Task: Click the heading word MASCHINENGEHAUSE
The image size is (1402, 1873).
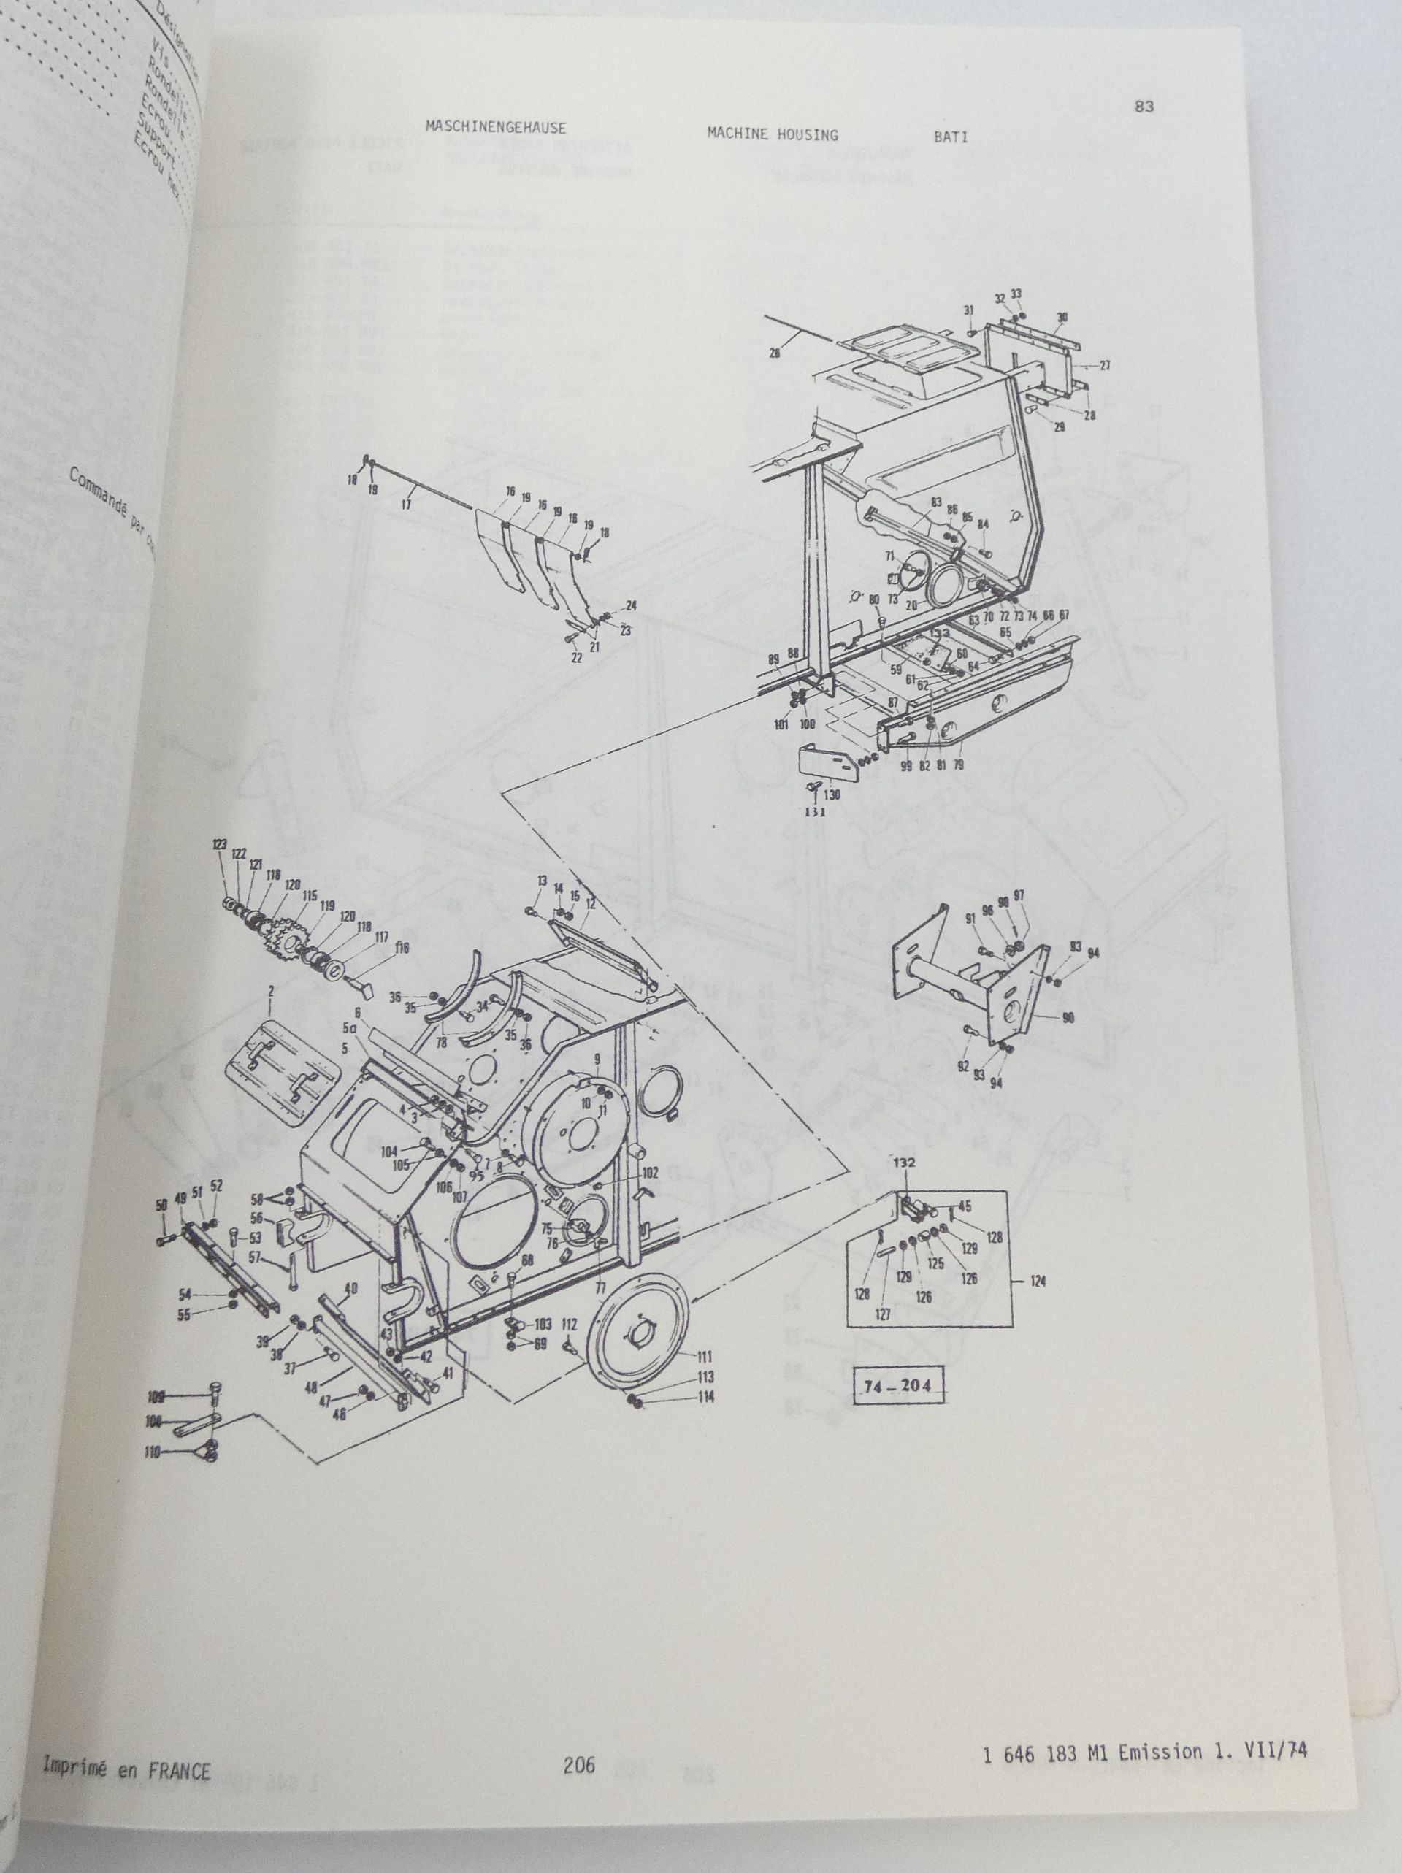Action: [495, 128]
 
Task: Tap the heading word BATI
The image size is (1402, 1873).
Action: [951, 137]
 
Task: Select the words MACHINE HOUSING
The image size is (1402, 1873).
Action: [772, 134]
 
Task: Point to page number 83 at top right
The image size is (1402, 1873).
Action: [1143, 107]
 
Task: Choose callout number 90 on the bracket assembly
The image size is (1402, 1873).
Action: [1068, 1019]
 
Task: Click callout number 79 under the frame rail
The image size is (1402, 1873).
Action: [958, 765]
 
